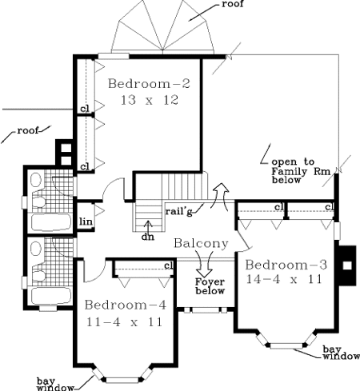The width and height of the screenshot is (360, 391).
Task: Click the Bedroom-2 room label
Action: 149,83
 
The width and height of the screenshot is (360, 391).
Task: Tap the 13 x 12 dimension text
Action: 150,100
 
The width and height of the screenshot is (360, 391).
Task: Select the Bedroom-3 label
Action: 286,265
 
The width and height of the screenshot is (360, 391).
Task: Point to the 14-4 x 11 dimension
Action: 284,279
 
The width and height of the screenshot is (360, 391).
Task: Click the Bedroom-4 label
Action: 126,305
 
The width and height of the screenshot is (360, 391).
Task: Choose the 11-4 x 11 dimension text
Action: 124,322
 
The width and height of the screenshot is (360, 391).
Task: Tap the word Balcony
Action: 201,244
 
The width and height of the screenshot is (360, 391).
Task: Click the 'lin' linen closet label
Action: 86,221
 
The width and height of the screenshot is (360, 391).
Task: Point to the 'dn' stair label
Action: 148,237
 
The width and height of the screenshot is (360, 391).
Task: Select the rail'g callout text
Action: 178,211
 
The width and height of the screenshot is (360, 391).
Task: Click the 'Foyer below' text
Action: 210,286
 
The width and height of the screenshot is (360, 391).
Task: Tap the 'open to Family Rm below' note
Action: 301,170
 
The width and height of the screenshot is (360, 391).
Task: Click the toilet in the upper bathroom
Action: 38,201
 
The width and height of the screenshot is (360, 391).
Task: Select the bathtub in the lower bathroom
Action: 51,295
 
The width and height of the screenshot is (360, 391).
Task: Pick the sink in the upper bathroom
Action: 36,179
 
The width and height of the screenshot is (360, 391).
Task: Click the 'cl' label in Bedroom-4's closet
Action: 169,265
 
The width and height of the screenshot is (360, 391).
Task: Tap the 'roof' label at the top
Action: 233,4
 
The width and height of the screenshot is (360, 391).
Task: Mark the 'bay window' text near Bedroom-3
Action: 341,353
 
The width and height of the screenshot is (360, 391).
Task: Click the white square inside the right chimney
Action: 347,265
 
